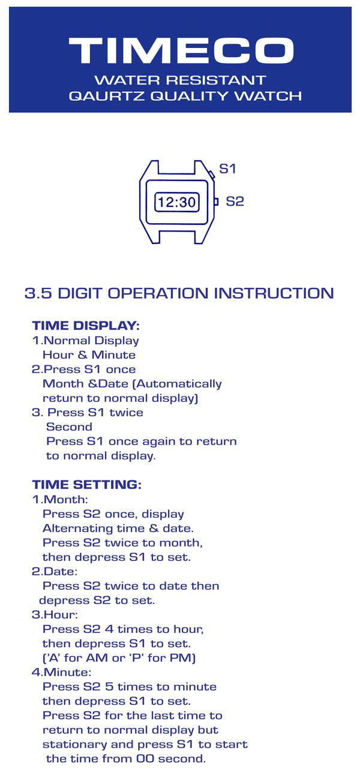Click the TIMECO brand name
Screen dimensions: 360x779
pyautogui.click(x=181, y=50)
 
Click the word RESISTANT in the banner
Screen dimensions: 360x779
pyautogui.click(x=215, y=80)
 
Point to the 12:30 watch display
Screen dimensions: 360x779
pyautogui.click(x=176, y=201)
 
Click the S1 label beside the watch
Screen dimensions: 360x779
pyautogui.click(x=227, y=169)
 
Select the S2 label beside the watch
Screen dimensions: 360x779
pyautogui.click(x=235, y=201)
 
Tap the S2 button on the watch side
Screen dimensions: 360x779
pyautogui.click(x=216, y=201)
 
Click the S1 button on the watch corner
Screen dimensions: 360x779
pyautogui.click(x=211, y=174)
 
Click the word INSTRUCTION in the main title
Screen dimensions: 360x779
pyautogui.click(x=274, y=293)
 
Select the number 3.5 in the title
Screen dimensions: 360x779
pyautogui.click(x=38, y=293)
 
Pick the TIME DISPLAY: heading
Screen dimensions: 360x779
pyautogui.click(x=86, y=326)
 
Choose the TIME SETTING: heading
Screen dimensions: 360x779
pyautogui.click(x=87, y=485)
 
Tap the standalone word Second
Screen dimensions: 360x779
pyautogui.click(x=69, y=427)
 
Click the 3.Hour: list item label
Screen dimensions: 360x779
pyautogui.click(x=55, y=615)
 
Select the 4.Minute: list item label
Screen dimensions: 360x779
pyautogui.click(x=61, y=672)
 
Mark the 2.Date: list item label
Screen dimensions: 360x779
pyautogui.click(x=55, y=572)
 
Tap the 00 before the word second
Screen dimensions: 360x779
pyautogui.click(x=145, y=759)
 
